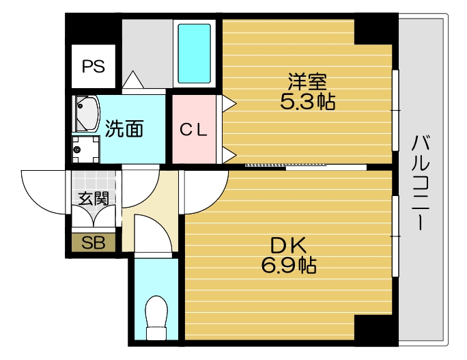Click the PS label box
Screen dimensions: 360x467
point(94,66)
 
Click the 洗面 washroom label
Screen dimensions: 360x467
point(125,128)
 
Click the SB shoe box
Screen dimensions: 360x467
point(94,243)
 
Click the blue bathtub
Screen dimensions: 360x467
point(195,53)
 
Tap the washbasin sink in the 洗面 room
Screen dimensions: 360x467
point(87,113)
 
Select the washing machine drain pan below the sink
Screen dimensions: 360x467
point(85,148)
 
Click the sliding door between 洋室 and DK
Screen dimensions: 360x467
point(304,165)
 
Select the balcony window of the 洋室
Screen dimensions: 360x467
point(395,109)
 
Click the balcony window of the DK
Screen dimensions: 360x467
point(395,236)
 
